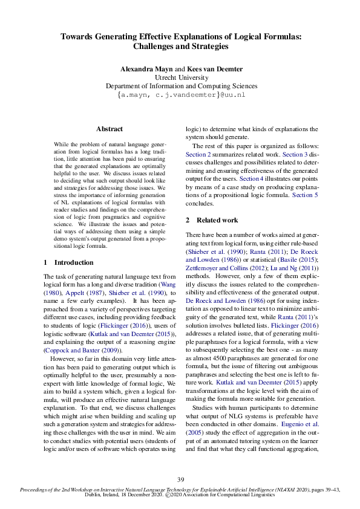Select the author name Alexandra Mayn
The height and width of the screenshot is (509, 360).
pyautogui.click(x=146, y=70)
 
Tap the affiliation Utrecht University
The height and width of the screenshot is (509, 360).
pyautogui.click(x=180, y=78)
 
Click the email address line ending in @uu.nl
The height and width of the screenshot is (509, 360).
pyautogui.click(x=180, y=95)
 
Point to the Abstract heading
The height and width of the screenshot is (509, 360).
pyautogui.click(x=110, y=129)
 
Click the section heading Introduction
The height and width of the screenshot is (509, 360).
pyautogui.click(x=74, y=263)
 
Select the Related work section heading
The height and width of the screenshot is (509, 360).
pyautogui.click(x=217, y=220)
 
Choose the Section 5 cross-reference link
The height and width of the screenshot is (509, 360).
pyautogui.click(x=306, y=195)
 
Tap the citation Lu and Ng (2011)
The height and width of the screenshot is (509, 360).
pyautogui.click(x=295, y=265)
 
